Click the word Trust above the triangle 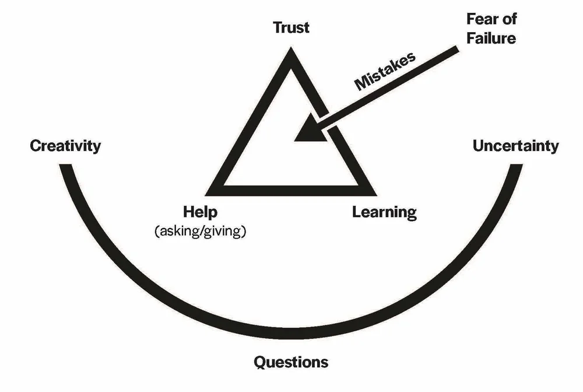click(291, 27)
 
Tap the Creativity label click(65, 145)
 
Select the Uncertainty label click(515, 145)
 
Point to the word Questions click(291, 362)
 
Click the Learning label click(384, 211)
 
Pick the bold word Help click(200, 211)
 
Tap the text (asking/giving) click(200, 230)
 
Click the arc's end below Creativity click(67, 167)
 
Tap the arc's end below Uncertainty click(515, 167)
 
